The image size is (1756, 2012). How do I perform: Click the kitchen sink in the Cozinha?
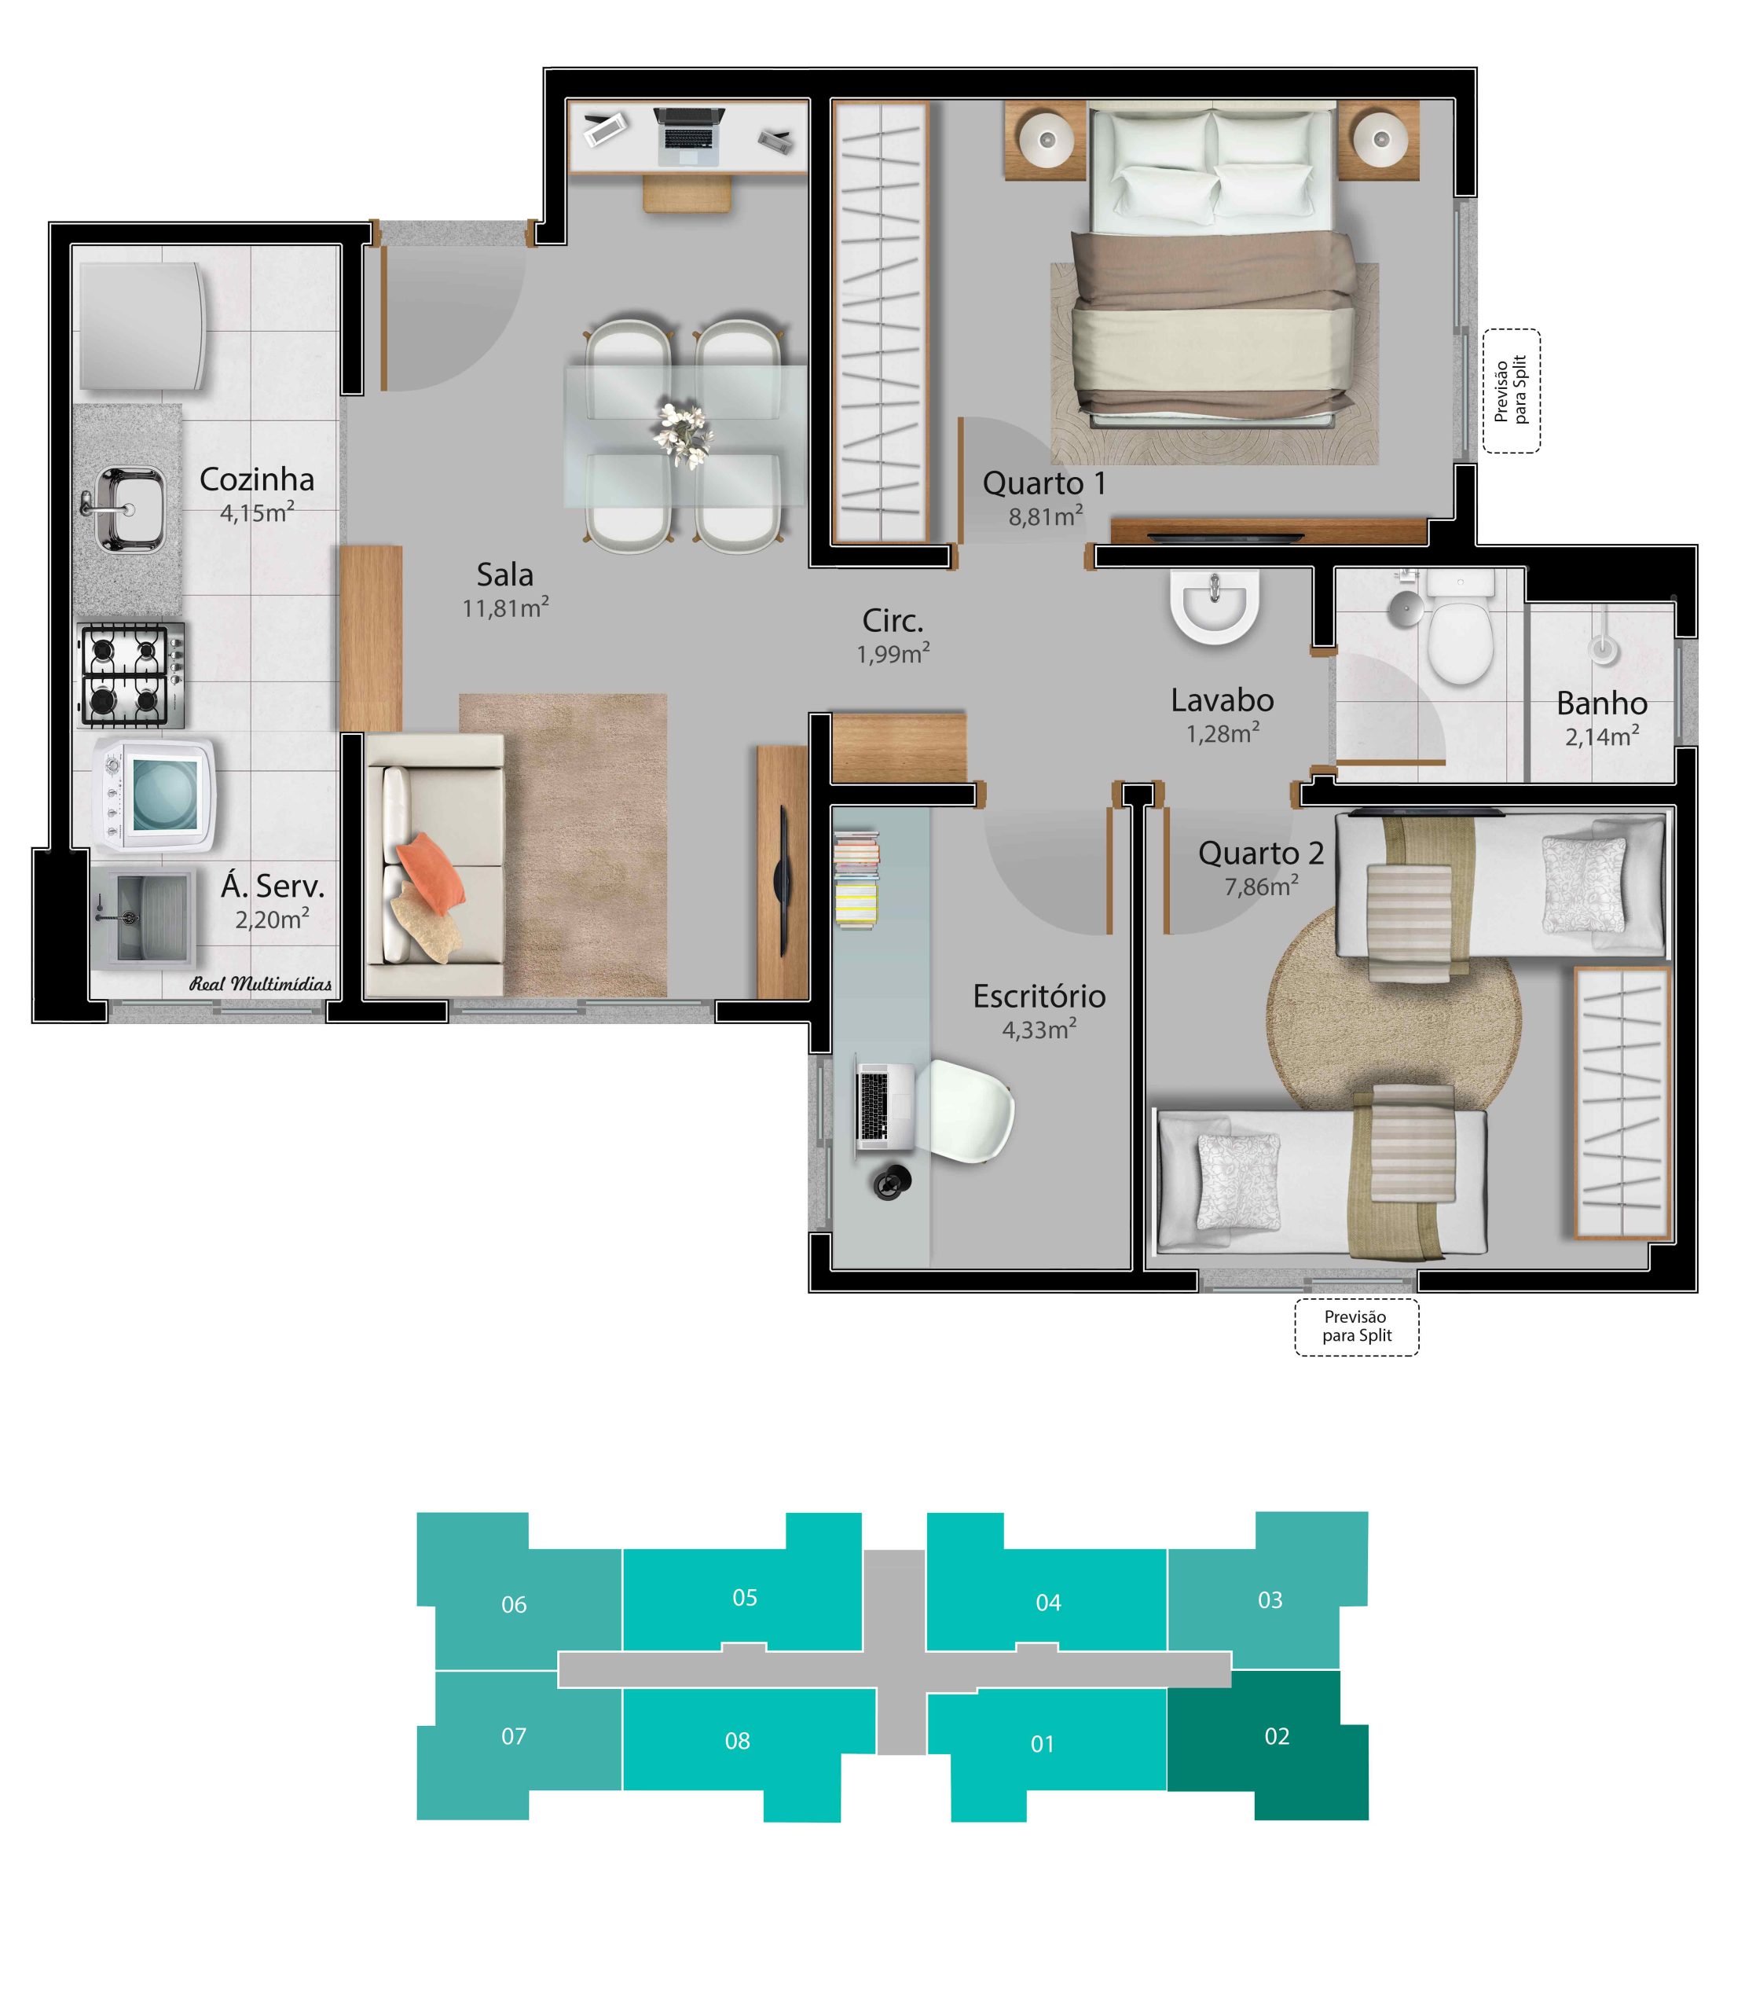click(130, 509)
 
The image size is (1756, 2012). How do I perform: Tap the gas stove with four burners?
click(130, 676)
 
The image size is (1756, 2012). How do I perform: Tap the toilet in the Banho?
click(1460, 627)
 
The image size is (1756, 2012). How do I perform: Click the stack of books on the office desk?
click(856, 879)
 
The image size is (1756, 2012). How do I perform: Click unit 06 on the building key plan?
click(515, 1604)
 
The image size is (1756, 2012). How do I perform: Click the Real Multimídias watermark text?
click(261, 984)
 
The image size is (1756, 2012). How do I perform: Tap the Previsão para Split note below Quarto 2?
click(1356, 1326)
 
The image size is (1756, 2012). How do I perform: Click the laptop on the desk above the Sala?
click(690, 136)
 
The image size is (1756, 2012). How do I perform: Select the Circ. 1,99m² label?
click(893, 636)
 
